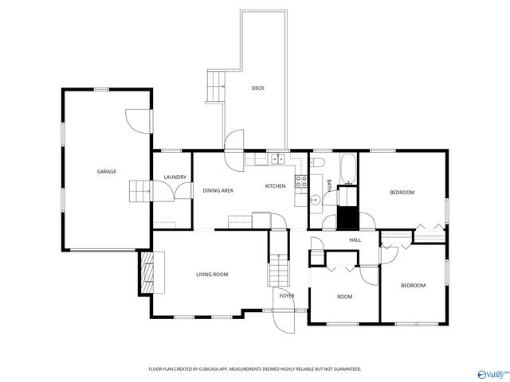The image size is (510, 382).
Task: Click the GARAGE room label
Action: [107, 172]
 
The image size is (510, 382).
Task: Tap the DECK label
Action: [257, 88]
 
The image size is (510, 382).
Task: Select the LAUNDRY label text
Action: [175, 177]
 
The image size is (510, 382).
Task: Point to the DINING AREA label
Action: [218, 190]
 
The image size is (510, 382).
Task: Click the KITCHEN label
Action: [275, 186]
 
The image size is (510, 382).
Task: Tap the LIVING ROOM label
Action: [212, 275]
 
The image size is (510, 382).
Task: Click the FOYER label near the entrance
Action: [287, 296]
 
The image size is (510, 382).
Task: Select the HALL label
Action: [355, 240]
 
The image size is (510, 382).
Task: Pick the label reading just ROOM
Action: [344, 297]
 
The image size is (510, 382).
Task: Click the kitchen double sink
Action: [277, 159]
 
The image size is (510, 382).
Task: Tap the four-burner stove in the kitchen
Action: [301, 181]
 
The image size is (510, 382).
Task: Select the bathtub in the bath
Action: [347, 169]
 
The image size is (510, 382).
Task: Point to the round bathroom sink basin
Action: [316, 200]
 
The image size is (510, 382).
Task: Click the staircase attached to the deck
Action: [215, 86]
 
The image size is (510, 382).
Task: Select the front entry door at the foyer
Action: [283, 320]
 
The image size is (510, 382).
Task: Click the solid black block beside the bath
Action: [347, 217]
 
